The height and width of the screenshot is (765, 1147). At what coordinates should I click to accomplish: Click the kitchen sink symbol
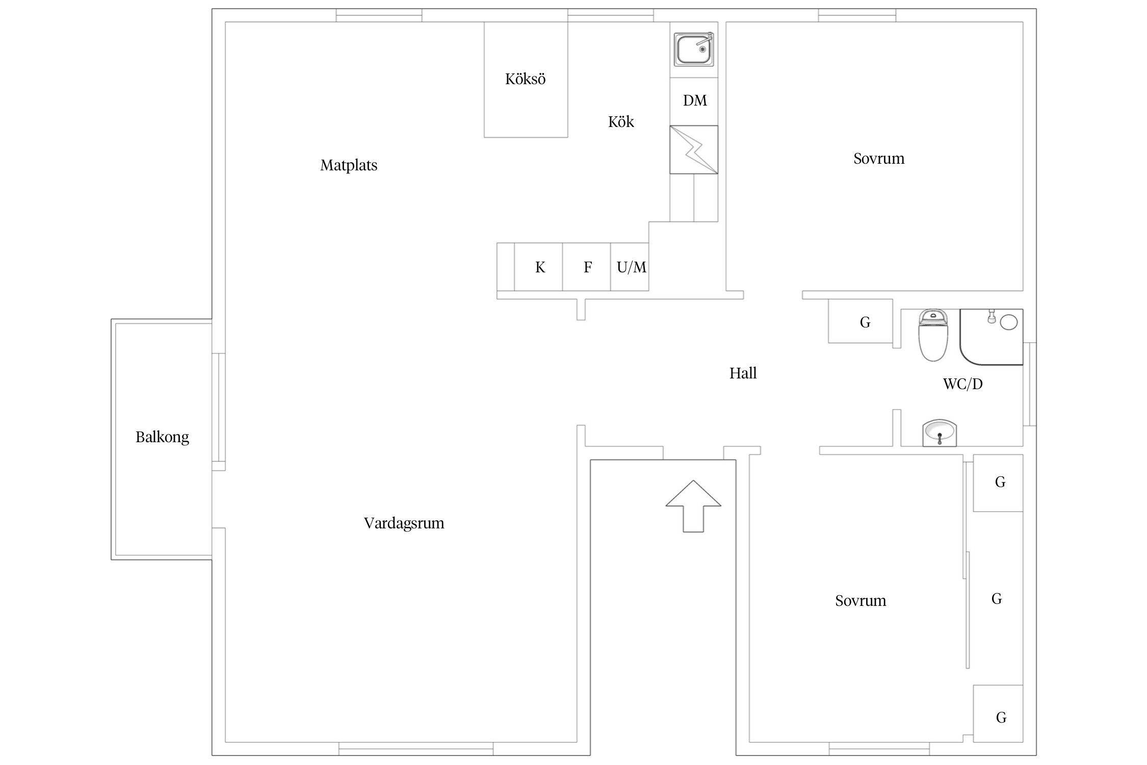(x=693, y=49)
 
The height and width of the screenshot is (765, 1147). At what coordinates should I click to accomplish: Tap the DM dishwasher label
(x=695, y=100)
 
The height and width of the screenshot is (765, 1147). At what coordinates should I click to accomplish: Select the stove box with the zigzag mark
(x=694, y=149)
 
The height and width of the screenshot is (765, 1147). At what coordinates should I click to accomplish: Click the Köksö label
(x=525, y=79)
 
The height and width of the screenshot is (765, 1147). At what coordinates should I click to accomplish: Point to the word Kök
(x=621, y=122)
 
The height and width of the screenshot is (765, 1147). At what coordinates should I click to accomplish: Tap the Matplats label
(x=349, y=165)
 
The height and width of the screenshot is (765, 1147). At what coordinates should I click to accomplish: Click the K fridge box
(x=538, y=267)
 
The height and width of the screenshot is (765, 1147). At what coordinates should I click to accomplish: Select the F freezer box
(x=587, y=267)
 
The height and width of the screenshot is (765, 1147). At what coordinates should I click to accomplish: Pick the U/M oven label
(x=631, y=267)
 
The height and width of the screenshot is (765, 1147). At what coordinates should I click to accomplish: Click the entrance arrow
(x=693, y=506)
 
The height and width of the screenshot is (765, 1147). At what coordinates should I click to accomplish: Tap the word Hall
(x=743, y=373)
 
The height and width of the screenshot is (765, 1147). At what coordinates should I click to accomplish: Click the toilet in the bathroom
(x=933, y=336)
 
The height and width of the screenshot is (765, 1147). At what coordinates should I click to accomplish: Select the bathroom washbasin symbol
(x=940, y=433)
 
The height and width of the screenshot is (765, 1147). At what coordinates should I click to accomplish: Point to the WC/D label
(x=962, y=384)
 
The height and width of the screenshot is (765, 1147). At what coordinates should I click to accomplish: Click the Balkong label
(x=162, y=437)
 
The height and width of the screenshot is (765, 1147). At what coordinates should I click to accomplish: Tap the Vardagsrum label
(x=404, y=523)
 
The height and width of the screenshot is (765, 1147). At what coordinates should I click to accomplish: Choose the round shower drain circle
(x=1009, y=322)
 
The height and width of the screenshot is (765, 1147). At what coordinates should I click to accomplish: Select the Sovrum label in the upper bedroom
(x=879, y=159)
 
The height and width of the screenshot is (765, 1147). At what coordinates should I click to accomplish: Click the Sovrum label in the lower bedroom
(x=861, y=601)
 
